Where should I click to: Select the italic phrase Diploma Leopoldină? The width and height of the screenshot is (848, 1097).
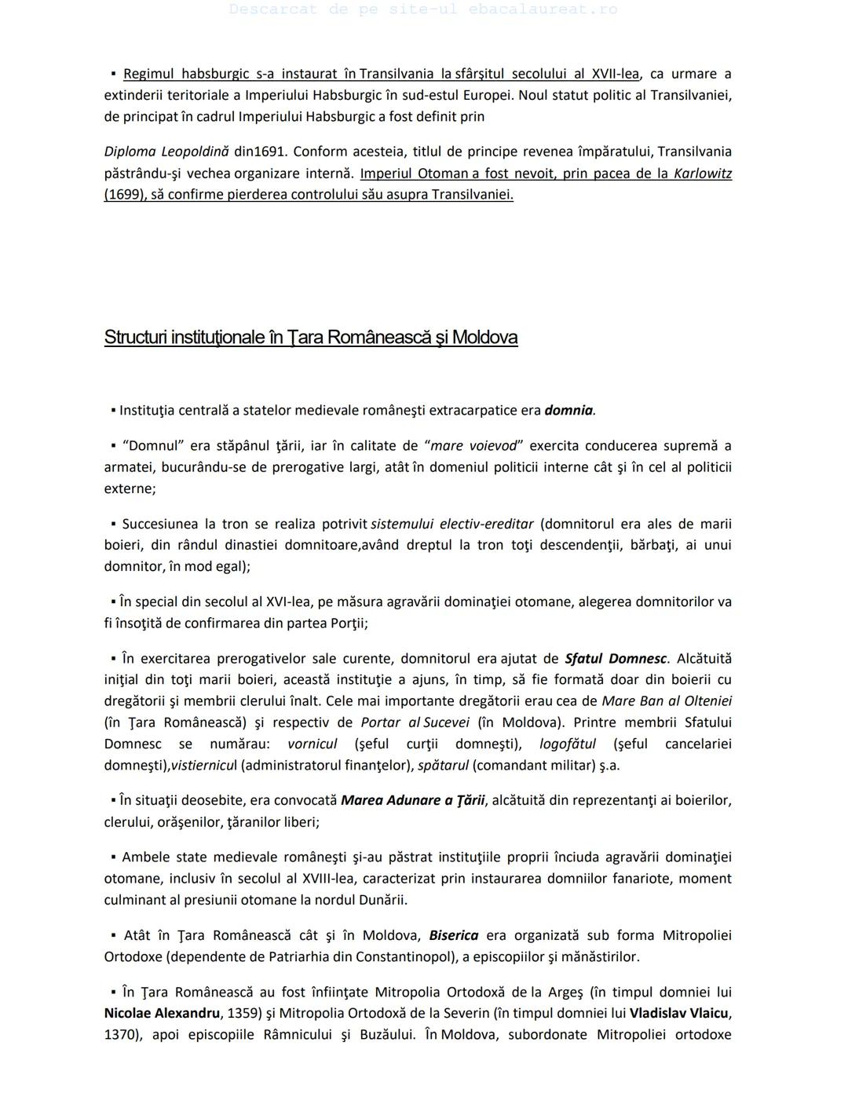[x=166, y=152]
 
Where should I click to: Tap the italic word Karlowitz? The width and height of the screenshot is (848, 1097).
[x=702, y=173]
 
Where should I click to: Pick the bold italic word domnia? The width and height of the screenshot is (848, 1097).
[x=569, y=410]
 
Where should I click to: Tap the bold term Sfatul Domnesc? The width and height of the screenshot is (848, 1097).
[x=616, y=659]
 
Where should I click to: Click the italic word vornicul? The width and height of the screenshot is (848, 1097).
[x=312, y=744]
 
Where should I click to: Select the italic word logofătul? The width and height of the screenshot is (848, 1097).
[x=568, y=744]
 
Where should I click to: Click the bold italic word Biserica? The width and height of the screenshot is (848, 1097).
[x=453, y=935]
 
